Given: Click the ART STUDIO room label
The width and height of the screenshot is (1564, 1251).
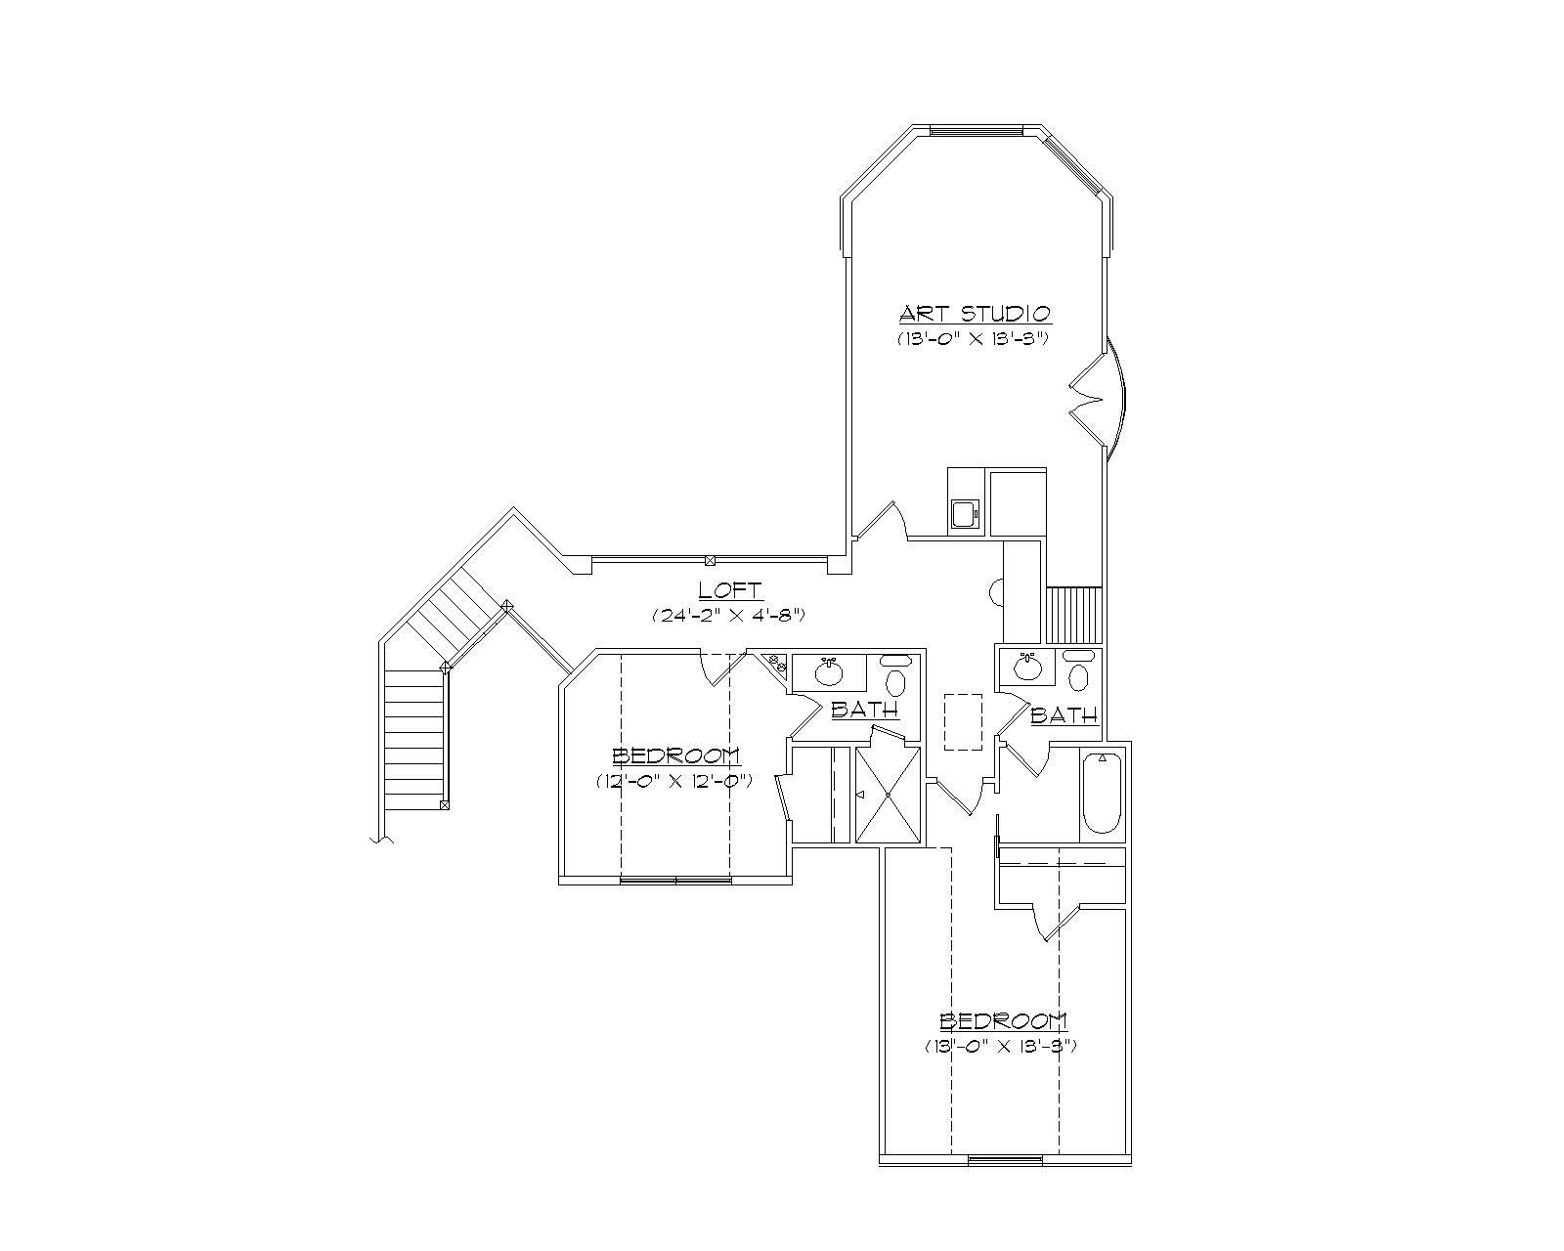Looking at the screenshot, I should (x=975, y=314).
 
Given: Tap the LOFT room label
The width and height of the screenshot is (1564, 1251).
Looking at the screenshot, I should (x=730, y=590).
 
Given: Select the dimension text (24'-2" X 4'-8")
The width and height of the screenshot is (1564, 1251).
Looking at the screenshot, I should (x=728, y=616).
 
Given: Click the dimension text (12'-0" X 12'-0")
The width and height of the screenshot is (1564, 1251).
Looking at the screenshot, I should (x=673, y=781).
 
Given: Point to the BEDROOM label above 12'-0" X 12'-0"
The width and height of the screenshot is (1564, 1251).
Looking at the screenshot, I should (x=675, y=755).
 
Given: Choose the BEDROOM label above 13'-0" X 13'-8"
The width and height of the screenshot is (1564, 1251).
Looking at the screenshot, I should (x=1003, y=1021).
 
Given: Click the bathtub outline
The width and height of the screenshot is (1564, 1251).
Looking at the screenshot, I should (x=1102, y=792).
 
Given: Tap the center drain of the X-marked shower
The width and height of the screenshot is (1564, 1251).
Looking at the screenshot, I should (x=888, y=795).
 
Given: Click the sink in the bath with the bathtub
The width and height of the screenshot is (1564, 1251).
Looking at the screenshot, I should (x=1027, y=668).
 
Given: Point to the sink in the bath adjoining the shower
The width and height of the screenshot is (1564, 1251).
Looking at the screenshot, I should (x=829, y=671).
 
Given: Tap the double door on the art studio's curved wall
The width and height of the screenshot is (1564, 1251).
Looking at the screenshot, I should (x=1100, y=401).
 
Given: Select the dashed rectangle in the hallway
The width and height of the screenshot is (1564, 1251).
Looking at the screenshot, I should (x=963, y=721).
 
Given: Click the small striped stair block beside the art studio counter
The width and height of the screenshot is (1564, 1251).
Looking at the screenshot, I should (x=1074, y=614).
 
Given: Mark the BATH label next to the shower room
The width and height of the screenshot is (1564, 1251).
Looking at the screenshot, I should (x=864, y=710).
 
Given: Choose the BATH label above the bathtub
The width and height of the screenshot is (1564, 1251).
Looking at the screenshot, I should (x=1064, y=715).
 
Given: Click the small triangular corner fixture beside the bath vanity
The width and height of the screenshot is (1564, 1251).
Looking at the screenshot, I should (x=778, y=664).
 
